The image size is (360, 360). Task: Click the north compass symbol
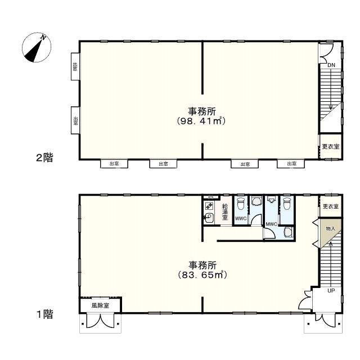click(x=37, y=48)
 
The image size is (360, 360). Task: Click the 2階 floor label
click(x=44, y=158)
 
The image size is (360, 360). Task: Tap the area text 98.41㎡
click(x=202, y=121)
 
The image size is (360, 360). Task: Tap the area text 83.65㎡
click(x=202, y=275)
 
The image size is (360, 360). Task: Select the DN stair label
click(x=331, y=65)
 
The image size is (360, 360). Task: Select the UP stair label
click(x=331, y=291)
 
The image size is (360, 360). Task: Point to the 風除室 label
click(x=100, y=306)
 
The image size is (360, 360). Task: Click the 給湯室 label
click(x=224, y=211)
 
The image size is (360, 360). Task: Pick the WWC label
click(x=241, y=218)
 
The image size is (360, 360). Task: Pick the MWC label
click(x=271, y=224)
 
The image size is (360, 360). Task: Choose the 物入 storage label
click(x=330, y=228)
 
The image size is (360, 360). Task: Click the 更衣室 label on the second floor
click(x=330, y=147)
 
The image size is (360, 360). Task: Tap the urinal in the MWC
click(x=271, y=200)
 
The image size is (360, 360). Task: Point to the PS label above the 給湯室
click(x=210, y=197)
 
